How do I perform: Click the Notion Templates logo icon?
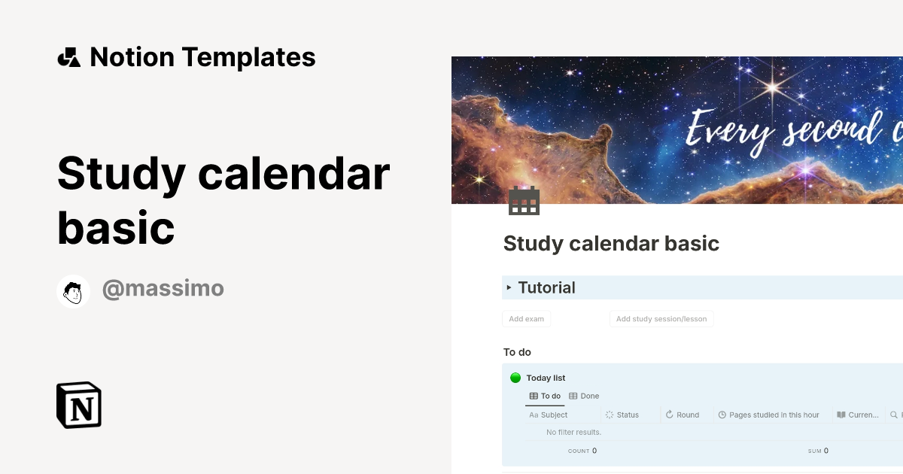click(68, 57)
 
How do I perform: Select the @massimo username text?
click(163, 288)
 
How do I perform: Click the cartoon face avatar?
click(74, 291)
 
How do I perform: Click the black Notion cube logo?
click(79, 405)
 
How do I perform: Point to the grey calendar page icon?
click(524, 201)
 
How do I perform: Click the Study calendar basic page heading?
click(611, 244)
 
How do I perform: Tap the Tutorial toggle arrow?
click(509, 287)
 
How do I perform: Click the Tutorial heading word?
click(546, 287)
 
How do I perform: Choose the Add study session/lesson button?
click(661, 319)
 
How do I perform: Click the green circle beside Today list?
click(515, 378)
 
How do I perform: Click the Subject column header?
click(554, 415)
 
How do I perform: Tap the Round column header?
click(687, 415)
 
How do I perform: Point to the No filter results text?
click(573, 433)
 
